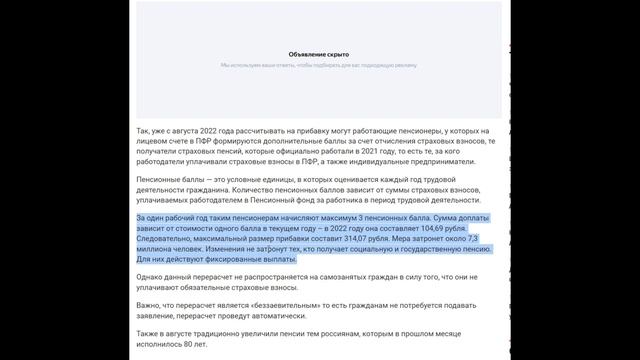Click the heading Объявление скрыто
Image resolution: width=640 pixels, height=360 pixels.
point(319,54)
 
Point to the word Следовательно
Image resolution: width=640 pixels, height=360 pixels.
point(167,238)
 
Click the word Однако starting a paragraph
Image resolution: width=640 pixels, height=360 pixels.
point(150,277)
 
